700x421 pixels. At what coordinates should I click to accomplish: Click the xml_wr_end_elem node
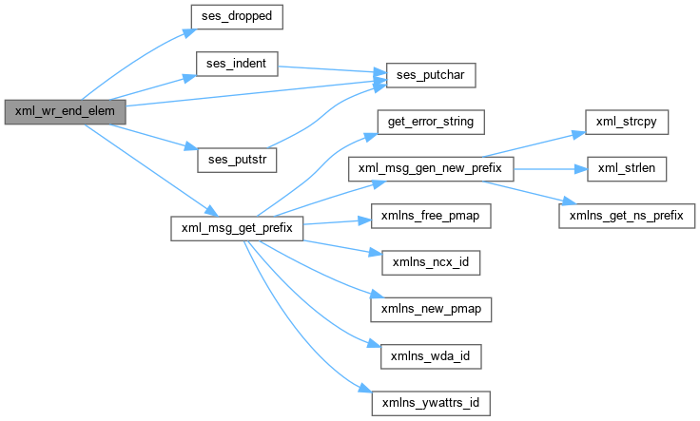click(x=65, y=111)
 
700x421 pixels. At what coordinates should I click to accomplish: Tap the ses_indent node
click(x=236, y=65)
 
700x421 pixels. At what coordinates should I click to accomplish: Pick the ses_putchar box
click(x=430, y=73)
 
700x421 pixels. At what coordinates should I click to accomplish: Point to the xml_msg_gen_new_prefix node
click(x=431, y=168)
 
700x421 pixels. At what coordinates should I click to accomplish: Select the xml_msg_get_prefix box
click(x=236, y=228)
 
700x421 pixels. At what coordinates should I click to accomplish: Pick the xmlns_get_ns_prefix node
click(x=626, y=216)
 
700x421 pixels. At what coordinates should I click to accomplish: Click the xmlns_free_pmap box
click(x=431, y=216)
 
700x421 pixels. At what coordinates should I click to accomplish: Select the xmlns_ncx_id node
click(x=431, y=261)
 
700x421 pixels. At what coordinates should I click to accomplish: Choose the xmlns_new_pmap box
click(x=431, y=309)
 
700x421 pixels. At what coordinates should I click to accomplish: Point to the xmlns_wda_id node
click(x=431, y=355)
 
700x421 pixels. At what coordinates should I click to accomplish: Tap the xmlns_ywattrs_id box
click(x=431, y=402)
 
